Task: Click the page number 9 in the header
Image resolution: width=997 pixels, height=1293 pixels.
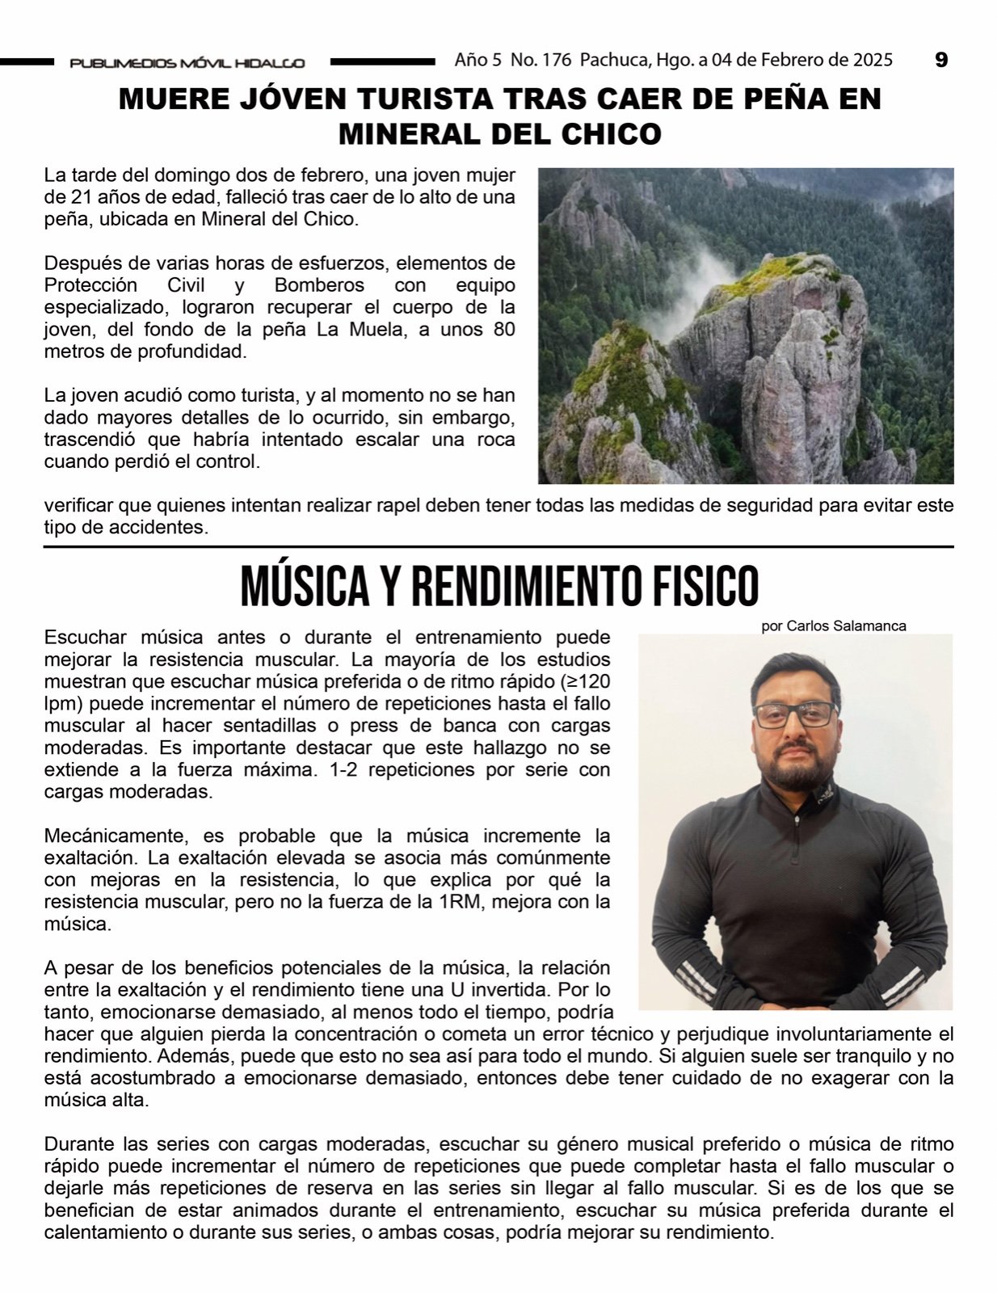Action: [940, 60]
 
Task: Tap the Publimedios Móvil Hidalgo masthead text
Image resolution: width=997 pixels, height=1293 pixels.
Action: [187, 62]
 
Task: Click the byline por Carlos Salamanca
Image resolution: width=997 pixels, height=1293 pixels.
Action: [834, 625]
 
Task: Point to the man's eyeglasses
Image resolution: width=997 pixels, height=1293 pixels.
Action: [795, 714]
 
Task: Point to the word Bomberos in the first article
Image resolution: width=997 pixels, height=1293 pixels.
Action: [319, 285]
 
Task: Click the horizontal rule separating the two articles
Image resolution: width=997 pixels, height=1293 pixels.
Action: [498, 547]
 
